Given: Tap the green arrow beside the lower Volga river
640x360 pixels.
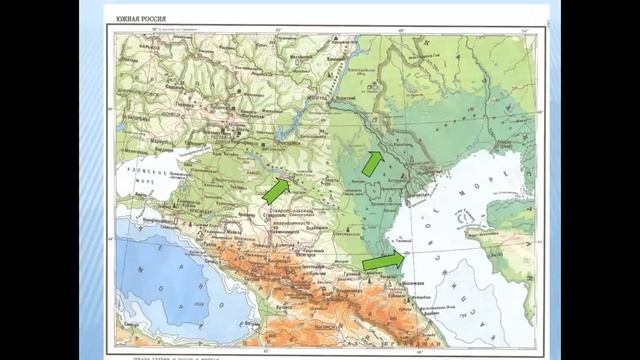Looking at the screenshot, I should point(372,163).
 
